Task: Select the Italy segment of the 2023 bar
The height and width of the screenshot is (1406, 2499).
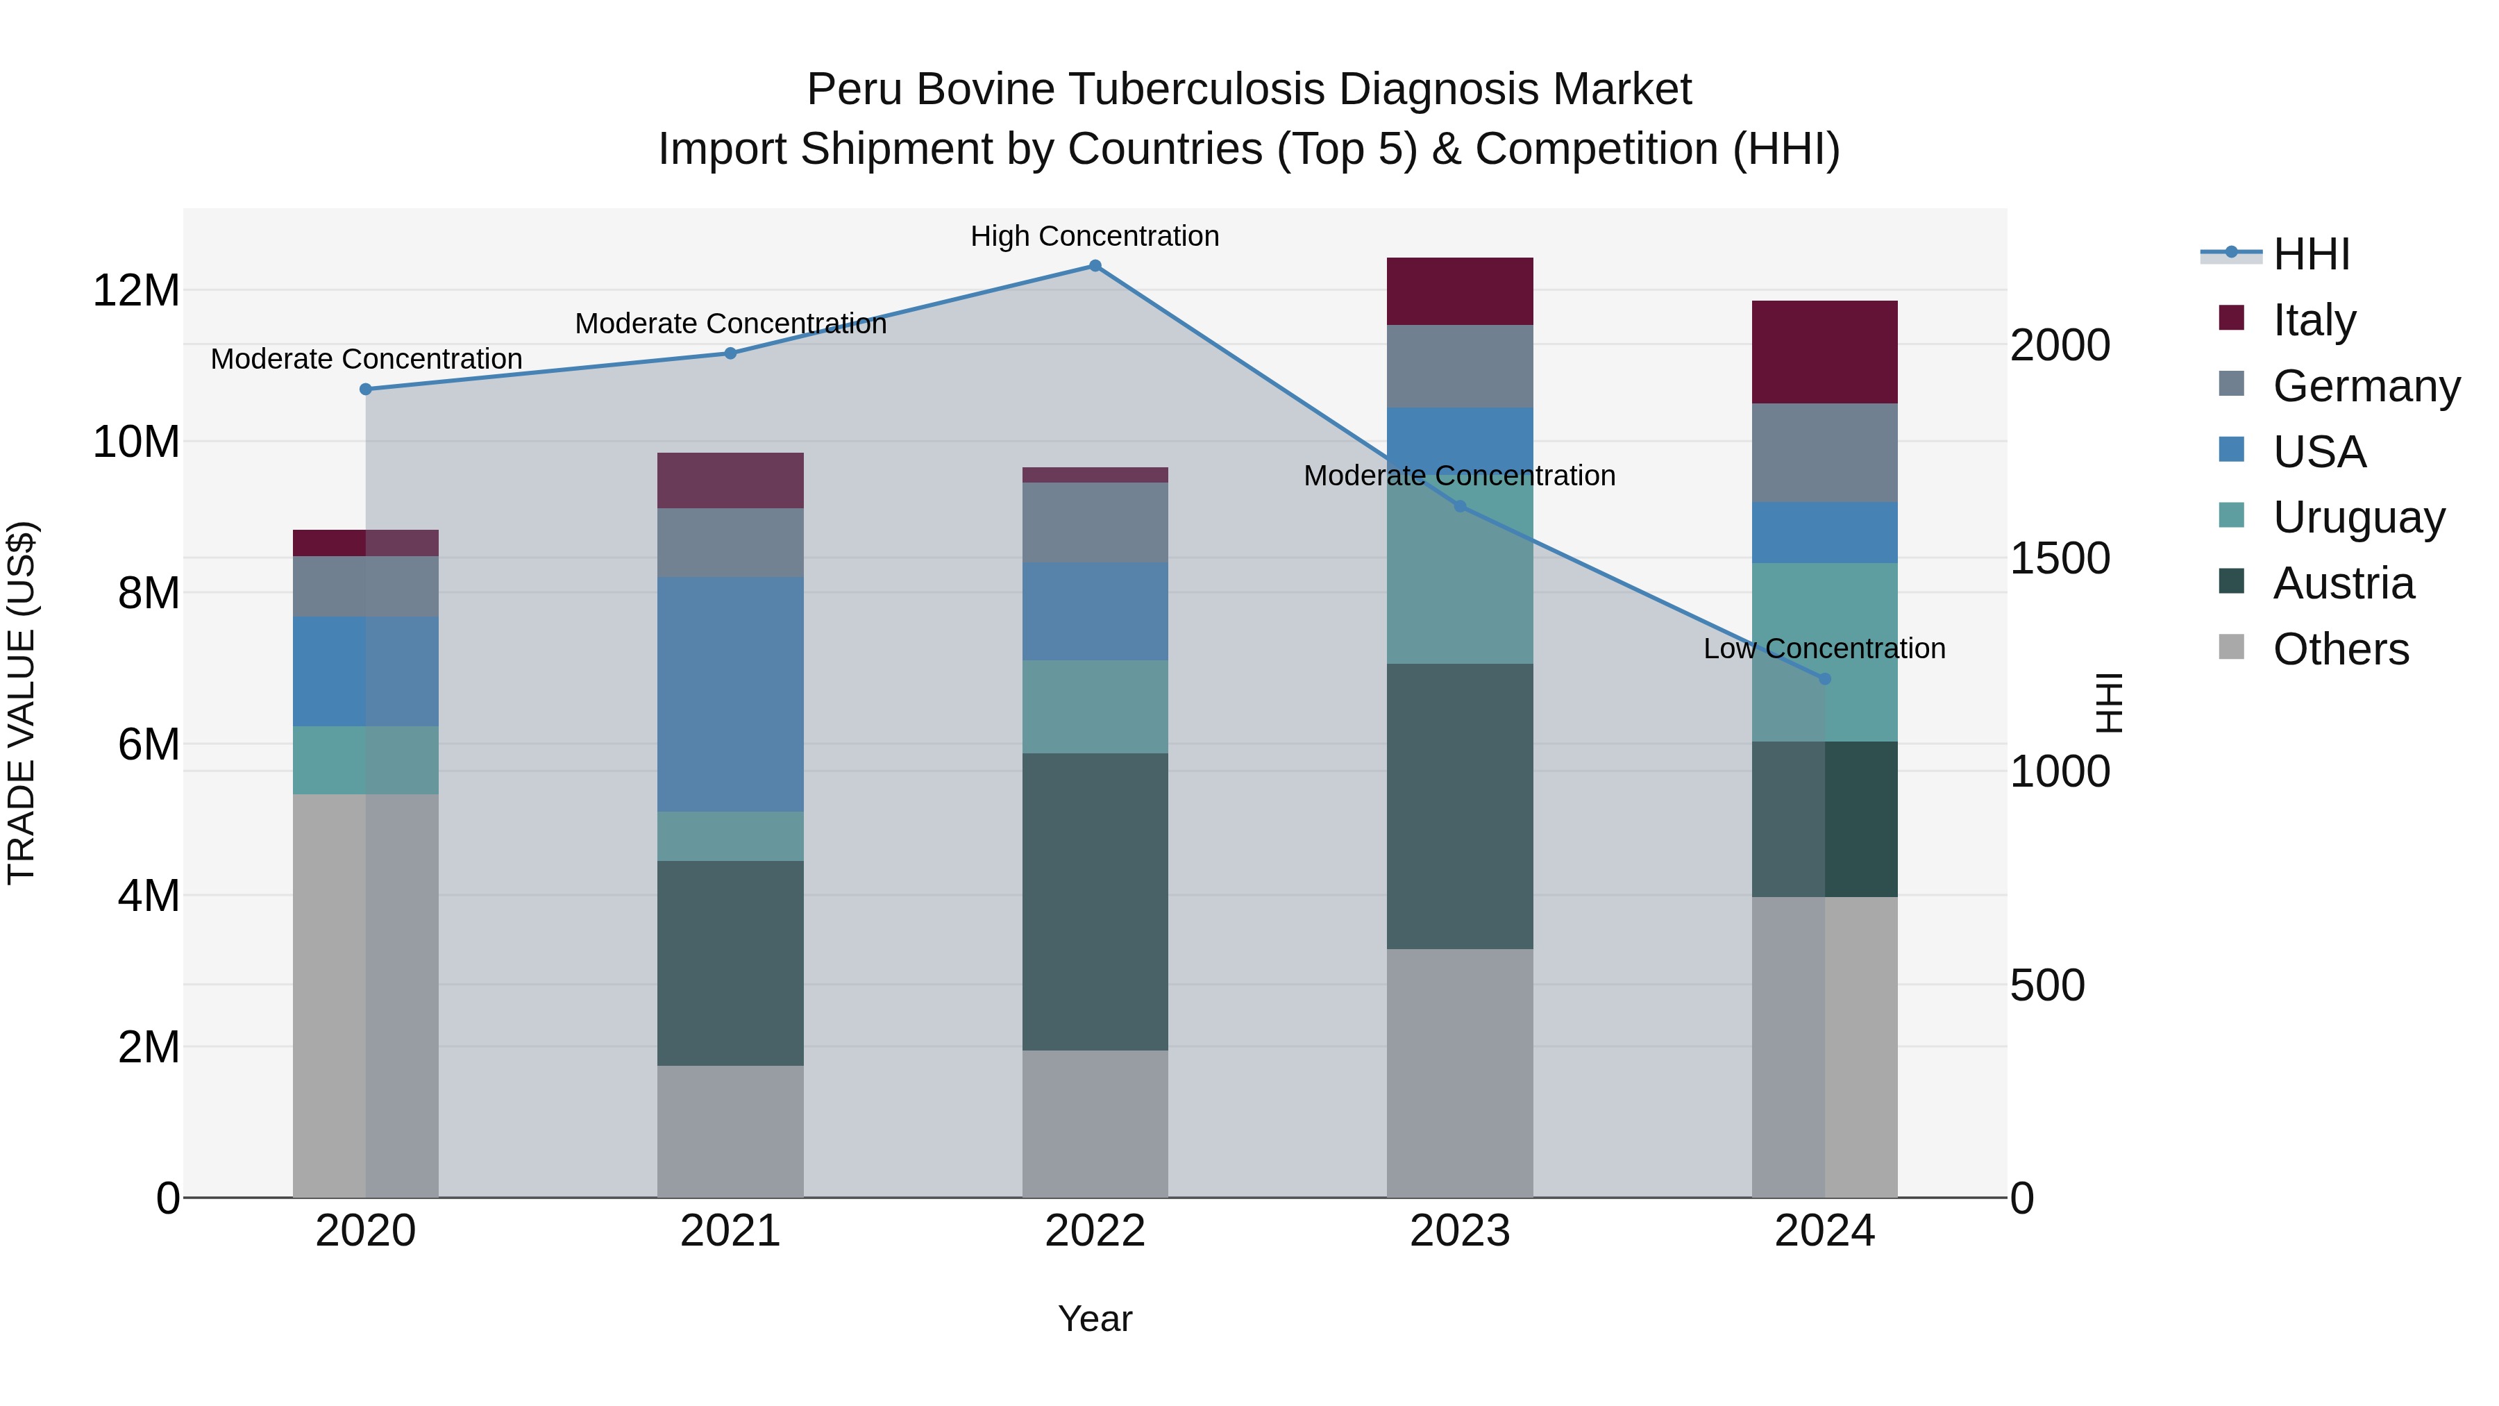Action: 1459,291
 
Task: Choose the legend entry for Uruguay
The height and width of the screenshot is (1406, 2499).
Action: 2358,517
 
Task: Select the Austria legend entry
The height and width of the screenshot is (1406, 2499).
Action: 2343,583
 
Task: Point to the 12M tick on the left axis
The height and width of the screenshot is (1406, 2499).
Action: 136,290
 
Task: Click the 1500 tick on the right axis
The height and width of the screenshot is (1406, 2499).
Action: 2059,558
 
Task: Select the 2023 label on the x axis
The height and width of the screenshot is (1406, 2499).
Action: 1459,1231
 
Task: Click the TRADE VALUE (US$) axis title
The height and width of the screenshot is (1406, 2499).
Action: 22,703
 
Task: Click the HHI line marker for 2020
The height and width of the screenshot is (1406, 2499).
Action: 366,389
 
